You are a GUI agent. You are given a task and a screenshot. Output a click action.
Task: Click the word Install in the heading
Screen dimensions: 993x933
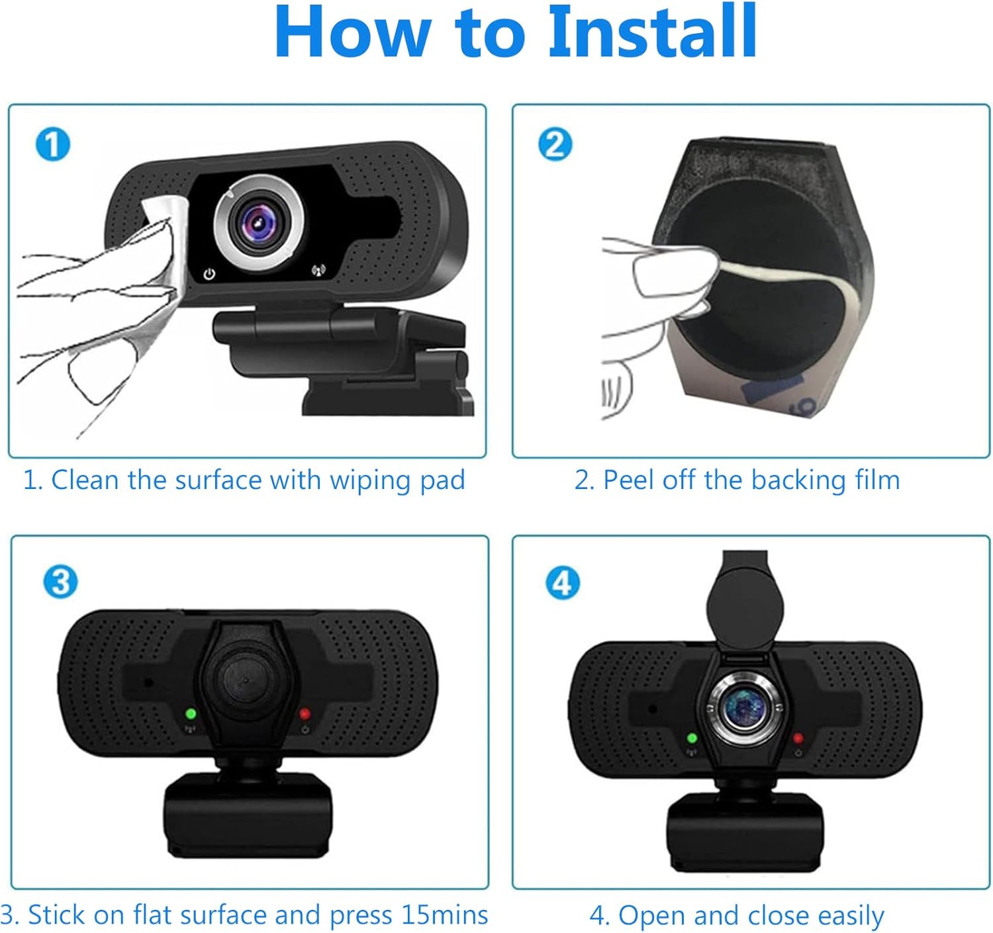click(x=653, y=32)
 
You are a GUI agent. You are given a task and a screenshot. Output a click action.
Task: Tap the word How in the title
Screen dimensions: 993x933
click(x=352, y=32)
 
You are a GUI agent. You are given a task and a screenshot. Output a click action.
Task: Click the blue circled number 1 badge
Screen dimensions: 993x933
click(x=53, y=144)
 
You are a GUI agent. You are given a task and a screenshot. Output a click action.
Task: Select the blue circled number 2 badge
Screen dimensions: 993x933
click(x=555, y=144)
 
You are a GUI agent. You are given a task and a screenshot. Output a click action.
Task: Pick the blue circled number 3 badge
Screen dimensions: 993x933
click(x=60, y=582)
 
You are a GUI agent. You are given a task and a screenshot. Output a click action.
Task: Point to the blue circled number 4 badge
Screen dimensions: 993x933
click(x=563, y=582)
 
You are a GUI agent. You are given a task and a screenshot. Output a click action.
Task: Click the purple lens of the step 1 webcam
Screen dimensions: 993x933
click(x=258, y=224)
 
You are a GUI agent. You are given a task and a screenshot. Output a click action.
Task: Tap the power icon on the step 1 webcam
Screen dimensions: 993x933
click(x=209, y=273)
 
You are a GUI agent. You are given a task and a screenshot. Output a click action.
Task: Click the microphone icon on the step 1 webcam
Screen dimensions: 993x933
click(x=318, y=271)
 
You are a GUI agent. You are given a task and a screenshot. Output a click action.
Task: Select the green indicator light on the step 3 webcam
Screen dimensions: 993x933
click(x=191, y=713)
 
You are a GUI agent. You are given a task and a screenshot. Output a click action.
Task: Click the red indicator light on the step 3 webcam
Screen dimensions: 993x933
click(x=305, y=713)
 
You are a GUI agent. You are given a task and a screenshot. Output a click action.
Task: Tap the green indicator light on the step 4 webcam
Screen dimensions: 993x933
click(x=692, y=738)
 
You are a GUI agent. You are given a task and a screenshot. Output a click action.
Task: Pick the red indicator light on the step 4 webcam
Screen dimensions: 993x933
click(x=798, y=738)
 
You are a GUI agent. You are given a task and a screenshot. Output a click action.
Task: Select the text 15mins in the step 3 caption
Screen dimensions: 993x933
click(x=444, y=914)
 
